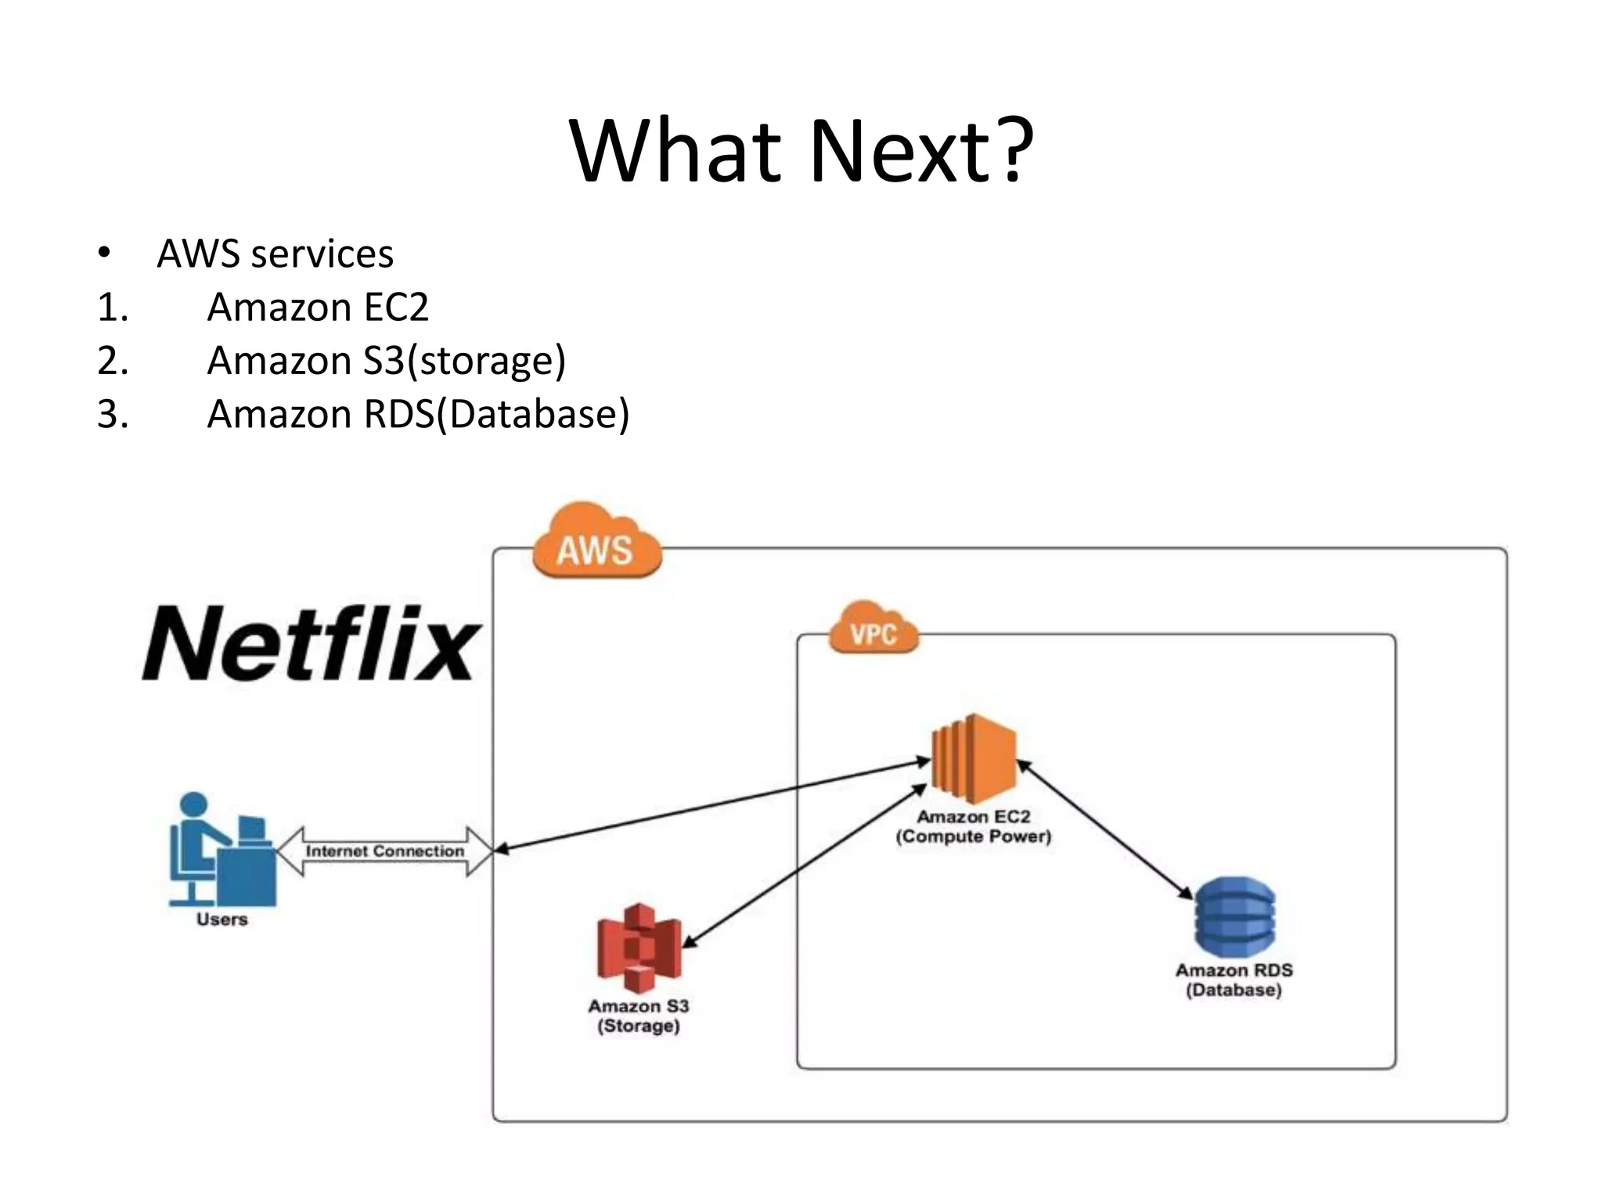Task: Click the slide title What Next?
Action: tap(801, 150)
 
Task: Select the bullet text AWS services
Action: tap(275, 254)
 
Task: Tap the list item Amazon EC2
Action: tap(317, 307)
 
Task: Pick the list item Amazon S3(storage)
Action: tap(386, 361)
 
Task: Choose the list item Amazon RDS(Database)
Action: tap(418, 414)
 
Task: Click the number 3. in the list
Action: tap(113, 414)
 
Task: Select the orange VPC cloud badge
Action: tap(873, 629)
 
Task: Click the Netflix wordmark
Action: tap(311, 643)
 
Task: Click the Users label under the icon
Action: tap(222, 919)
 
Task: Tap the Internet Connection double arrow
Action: tap(384, 851)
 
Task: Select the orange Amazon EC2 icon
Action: tap(974, 758)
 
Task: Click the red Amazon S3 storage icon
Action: tap(639, 948)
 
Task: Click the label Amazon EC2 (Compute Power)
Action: tap(974, 826)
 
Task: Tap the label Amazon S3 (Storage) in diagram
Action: tap(639, 1016)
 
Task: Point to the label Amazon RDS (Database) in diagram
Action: tap(1234, 980)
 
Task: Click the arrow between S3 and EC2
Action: tap(806, 866)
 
